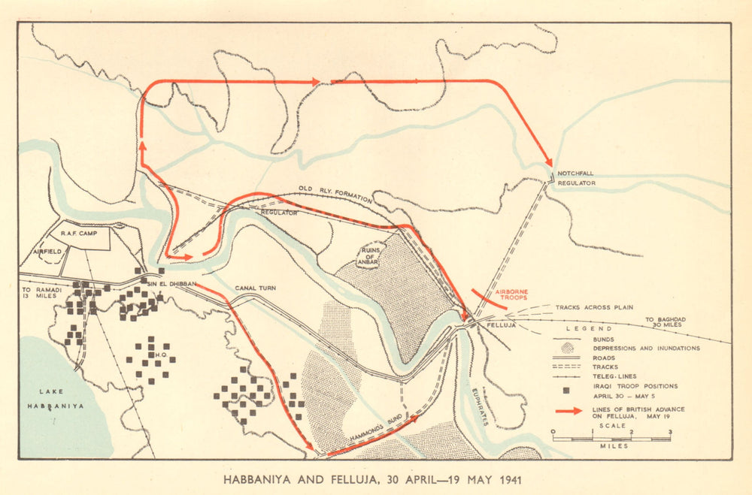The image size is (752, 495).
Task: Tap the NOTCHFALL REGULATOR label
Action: click(577, 178)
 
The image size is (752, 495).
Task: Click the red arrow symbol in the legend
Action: click(568, 411)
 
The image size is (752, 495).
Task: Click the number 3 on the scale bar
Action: click(670, 432)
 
